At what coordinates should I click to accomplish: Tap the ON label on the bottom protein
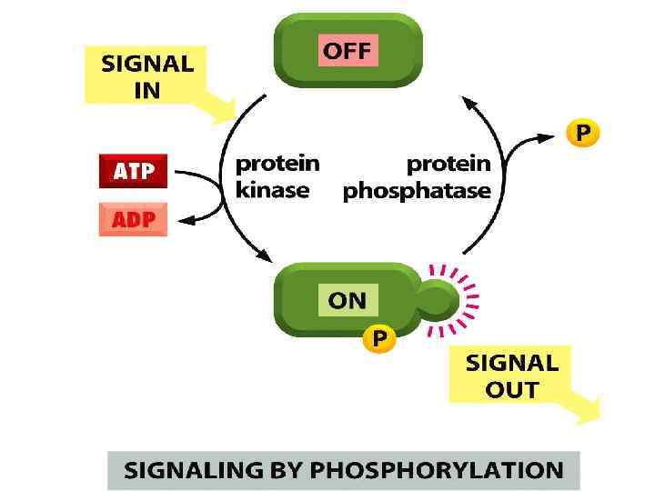(x=347, y=300)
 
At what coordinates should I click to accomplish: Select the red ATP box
(x=133, y=170)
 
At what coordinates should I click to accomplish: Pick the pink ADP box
(x=133, y=219)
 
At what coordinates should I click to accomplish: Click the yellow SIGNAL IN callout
(x=147, y=78)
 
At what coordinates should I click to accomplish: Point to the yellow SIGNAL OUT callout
(x=512, y=376)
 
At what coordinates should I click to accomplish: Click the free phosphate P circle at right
(x=583, y=134)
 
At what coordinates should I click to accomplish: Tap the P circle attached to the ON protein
(x=379, y=339)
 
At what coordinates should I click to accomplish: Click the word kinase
(x=272, y=191)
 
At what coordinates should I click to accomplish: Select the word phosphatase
(x=417, y=191)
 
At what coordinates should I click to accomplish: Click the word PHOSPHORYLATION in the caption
(x=438, y=470)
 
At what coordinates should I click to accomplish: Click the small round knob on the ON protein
(x=439, y=297)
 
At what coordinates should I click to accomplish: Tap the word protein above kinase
(x=277, y=164)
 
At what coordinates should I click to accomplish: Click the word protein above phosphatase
(x=448, y=165)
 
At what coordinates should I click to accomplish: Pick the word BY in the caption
(x=289, y=470)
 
